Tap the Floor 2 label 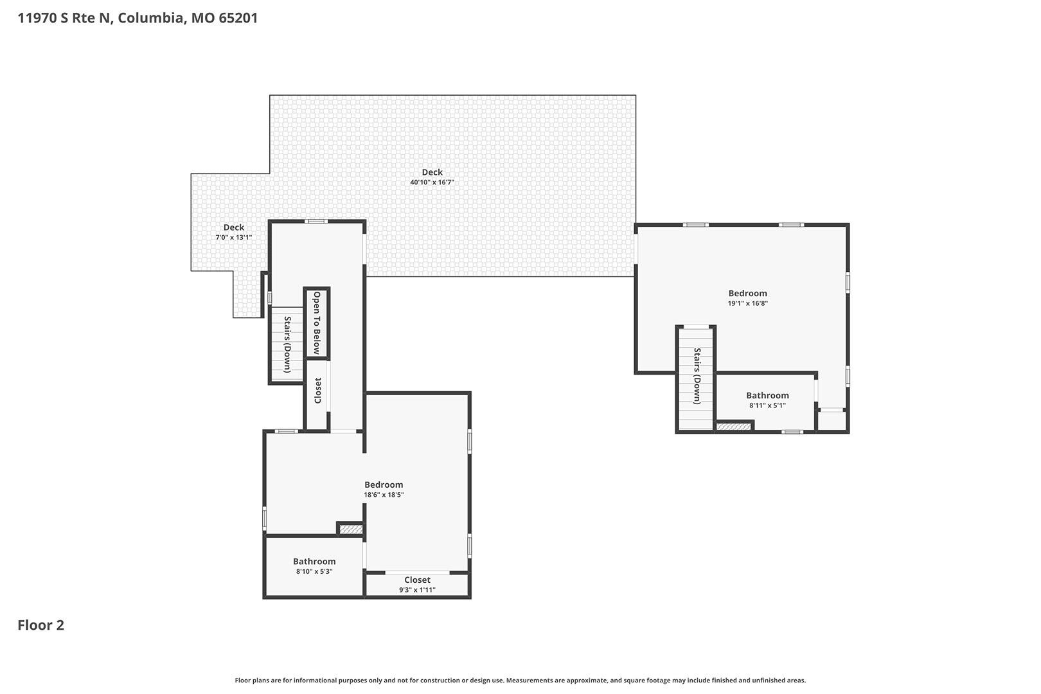41,625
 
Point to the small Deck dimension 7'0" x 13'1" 234,238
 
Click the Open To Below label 317,323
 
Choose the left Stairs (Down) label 288,344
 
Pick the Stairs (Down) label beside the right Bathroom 697,375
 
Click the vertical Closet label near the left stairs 318,391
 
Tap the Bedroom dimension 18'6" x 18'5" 384,495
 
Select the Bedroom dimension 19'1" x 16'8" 748,303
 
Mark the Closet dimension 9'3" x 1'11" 417,591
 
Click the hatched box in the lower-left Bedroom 351,529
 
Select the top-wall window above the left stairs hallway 316,221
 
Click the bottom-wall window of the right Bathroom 792,432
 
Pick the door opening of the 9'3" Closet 417,572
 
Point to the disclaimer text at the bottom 520,681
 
